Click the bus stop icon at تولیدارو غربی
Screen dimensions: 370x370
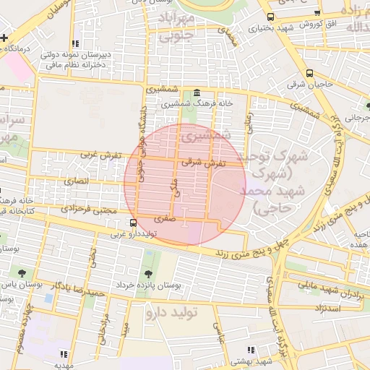click(x=133, y=223)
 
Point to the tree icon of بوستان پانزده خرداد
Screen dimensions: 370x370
click(x=149, y=274)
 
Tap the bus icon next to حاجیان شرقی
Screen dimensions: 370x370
click(x=310, y=73)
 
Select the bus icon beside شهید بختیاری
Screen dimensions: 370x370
click(x=270, y=17)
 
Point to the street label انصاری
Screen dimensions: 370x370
click(x=76, y=181)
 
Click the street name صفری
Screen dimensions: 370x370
click(x=165, y=217)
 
